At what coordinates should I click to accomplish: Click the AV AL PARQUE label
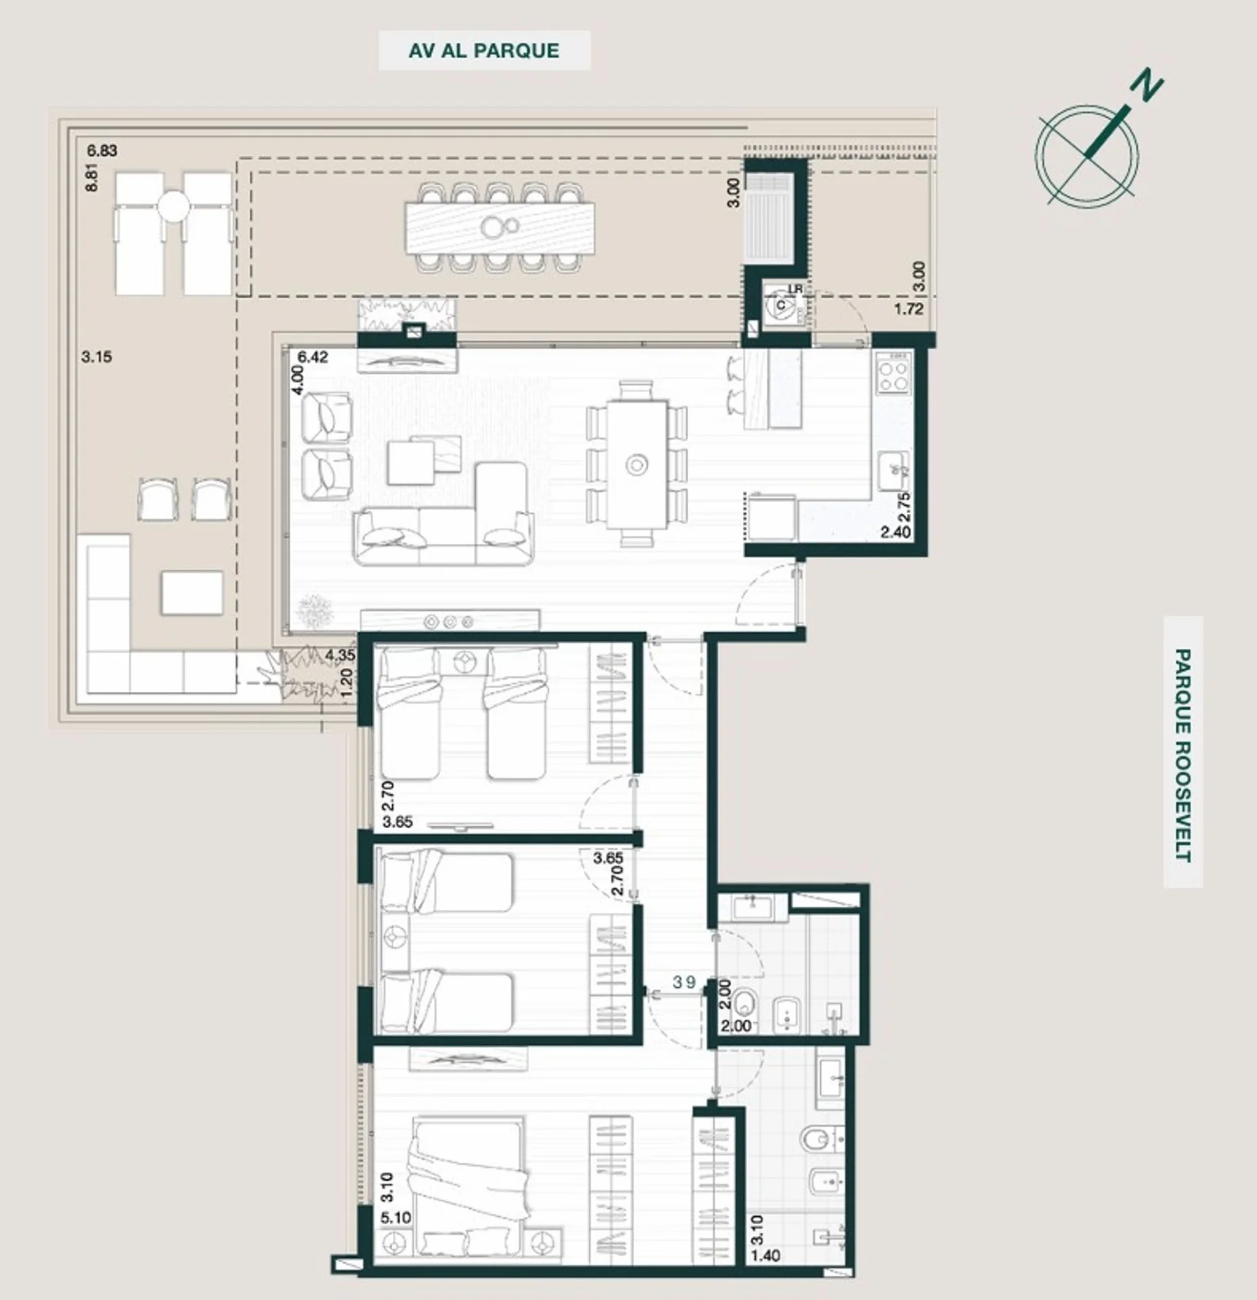pyautogui.click(x=484, y=51)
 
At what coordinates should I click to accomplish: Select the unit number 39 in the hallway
pyautogui.click(x=684, y=982)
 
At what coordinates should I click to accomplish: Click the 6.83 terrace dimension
pyautogui.click(x=102, y=150)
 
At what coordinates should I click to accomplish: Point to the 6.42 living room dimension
pyautogui.click(x=313, y=357)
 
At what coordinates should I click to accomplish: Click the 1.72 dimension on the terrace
pyautogui.click(x=909, y=309)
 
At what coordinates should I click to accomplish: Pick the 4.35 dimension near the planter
pyautogui.click(x=339, y=655)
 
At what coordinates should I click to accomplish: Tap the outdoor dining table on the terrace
pyautogui.click(x=500, y=228)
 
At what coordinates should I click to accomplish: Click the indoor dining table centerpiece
pyautogui.click(x=637, y=464)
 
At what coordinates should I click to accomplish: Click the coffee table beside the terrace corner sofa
pyautogui.click(x=192, y=592)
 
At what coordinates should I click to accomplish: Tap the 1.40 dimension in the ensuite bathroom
pyautogui.click(x=765, y=1256)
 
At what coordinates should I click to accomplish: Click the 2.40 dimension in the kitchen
pyautogui.click(x=895, y=532)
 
